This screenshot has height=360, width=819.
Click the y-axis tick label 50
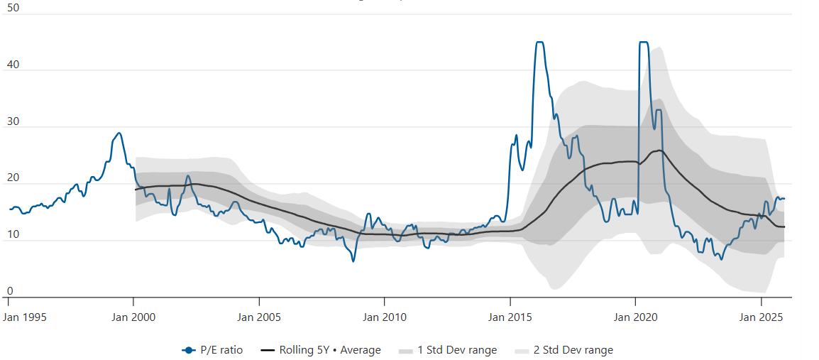pyautogui.click(x=12, y=8)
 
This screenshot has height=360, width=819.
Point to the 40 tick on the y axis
pyautogui.click(x=12, y=65)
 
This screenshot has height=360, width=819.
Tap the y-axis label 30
pyautogui.click(x=12, y=121)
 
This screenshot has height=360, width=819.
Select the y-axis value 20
pyautogui.click(x=12, y=178)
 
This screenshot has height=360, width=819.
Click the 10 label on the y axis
pyautogui.click(x=12, y=235)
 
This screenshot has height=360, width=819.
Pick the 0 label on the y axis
pyautogui.click(x=9, y=291)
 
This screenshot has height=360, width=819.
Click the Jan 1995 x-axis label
pyautogui.click(x=24, y=317)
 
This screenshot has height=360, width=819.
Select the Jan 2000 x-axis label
pyautogui.click(x=133, y=317)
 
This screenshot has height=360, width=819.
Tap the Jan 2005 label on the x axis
pyautogui.click(x=259, y=317)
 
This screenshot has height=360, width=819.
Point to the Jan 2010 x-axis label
pyautogui.click(x=384, y=317)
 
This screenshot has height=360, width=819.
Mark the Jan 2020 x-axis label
pyautogui.click(x=634, y=317)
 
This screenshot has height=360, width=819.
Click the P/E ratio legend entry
pyautogui.click(x=213, y=350)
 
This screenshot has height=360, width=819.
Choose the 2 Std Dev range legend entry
pyautogui.click(x=564, y=350)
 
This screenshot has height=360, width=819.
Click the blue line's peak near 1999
pyautogui.click(x=119, y=133)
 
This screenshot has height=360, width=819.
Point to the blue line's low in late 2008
pyautogui.click(x=353, y=261)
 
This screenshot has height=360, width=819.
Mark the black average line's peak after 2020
pyautogui.click(x=659, y=151)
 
